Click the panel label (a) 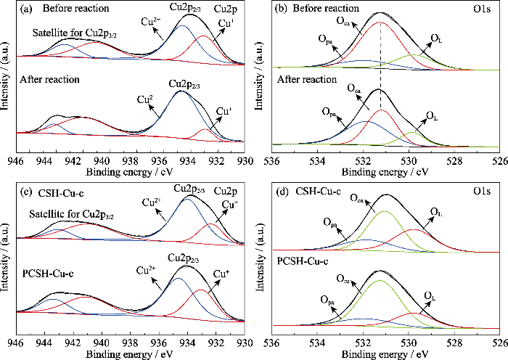(25, 9)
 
